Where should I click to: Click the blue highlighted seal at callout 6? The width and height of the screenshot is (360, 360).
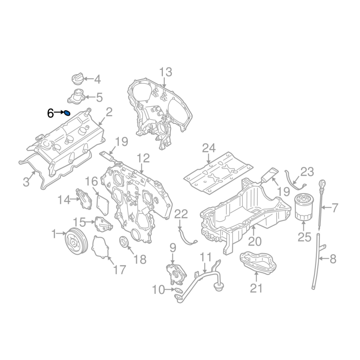pyautogui.click(x=67, y=113)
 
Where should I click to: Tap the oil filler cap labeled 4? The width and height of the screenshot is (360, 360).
pyautogui.click(x=76, y=79)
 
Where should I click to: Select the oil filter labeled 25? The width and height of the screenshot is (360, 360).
pyautogui.click(x=303, y=207)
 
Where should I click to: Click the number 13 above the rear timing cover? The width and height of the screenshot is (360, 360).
pyautogui.click(x=166, y=72)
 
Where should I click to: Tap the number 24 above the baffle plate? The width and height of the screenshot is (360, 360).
pyautogui.click(x=209, y=148)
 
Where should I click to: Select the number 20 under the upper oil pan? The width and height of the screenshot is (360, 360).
pyautogui.click(x=255, y=241)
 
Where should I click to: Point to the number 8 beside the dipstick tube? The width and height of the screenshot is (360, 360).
pyautogui.click(x=333, y=259)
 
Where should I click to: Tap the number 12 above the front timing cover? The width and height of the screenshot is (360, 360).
pyautogui.click(x=143, y=158)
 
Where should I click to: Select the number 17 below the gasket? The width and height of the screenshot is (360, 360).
pyautogui.click(x=120, y=270)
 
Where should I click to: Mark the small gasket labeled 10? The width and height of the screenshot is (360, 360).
pyautogui.click(x=178, y=290)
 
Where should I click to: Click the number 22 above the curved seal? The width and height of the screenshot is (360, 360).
pyautogui.click(x=181, y=215)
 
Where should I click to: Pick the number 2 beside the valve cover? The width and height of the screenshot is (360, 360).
pyautogui.click(x=109, y=112)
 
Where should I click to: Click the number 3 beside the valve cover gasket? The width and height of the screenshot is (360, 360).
pyautogui.click(x=27, y=182)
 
